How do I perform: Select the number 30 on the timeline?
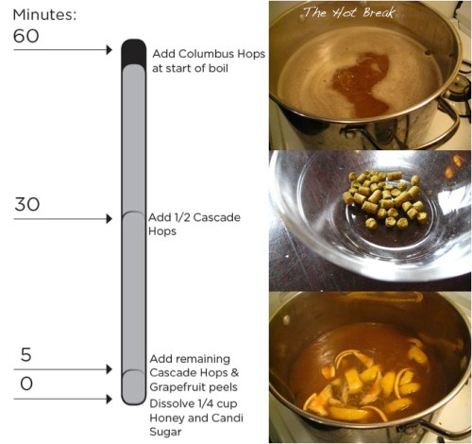tap(26, 204)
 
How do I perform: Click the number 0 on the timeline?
tap(25, 384)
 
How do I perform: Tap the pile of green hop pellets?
tap(383, 196)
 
